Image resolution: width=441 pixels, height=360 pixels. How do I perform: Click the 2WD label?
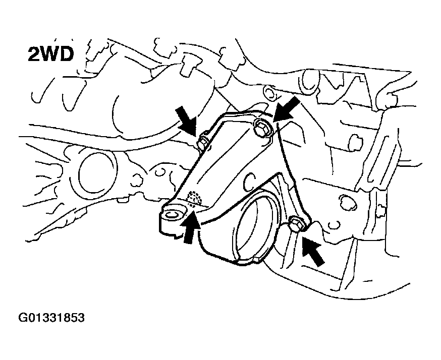coord(50,54)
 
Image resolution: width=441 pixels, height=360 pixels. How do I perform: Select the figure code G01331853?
coord(51,318)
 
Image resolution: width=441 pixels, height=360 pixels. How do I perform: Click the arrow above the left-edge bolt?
coord(186,121)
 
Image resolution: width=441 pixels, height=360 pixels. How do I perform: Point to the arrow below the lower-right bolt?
coord(313,250)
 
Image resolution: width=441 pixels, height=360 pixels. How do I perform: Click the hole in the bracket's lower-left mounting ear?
coord(171,215)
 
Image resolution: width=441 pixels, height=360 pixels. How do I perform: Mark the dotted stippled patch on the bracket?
coord(194,198)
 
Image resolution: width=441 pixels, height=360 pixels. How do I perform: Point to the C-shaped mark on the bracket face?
coord(249,181)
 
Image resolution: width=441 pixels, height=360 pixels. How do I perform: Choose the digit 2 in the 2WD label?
coord(33,54)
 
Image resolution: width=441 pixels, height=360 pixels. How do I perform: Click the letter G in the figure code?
coord(22,318)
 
